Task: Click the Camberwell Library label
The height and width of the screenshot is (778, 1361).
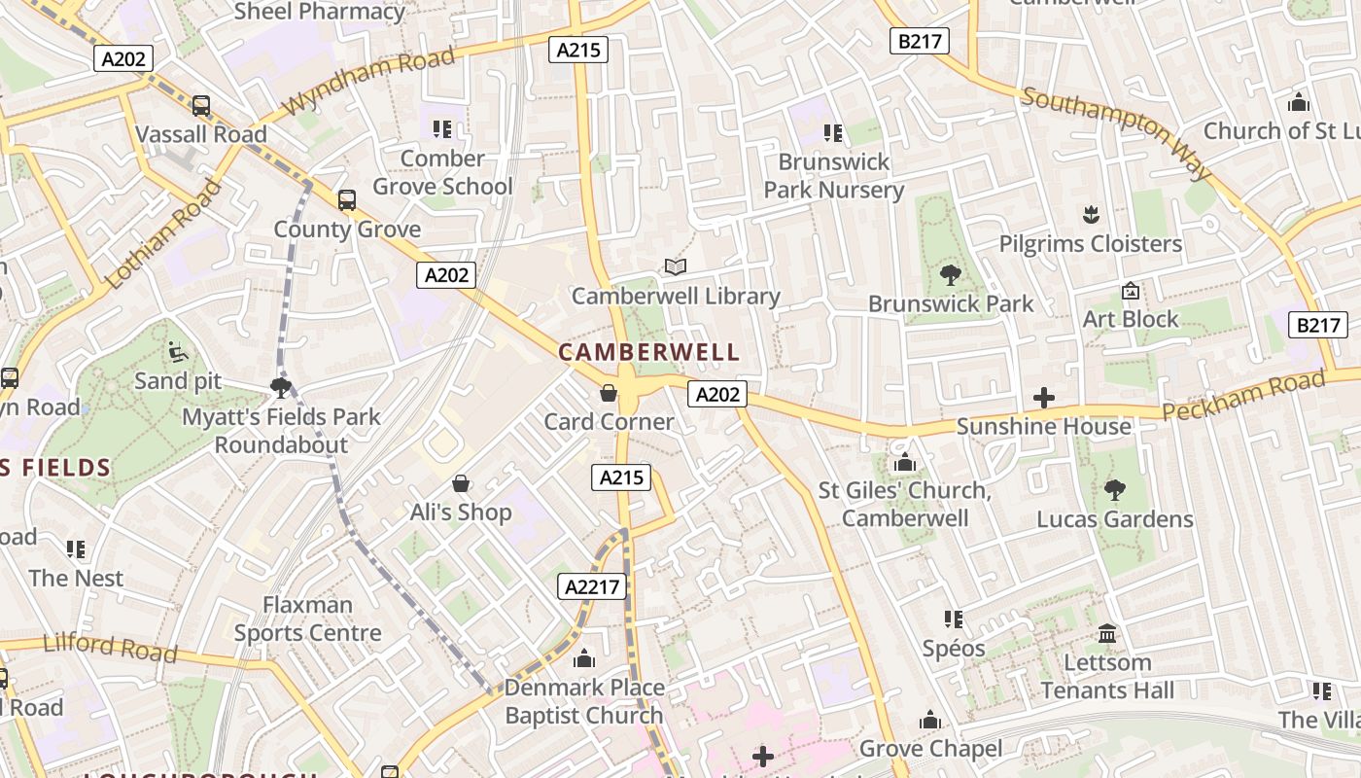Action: [x=676, y=296]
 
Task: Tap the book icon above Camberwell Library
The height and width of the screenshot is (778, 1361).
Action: [x=675, y=266]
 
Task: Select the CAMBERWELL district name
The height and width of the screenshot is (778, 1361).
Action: [x=649, y=352]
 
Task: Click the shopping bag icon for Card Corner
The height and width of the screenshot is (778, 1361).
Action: [x=609, y=393]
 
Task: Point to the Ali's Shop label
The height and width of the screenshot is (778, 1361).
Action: [x=461, y=512]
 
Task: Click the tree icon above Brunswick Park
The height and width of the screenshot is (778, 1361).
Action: [x=951, y=275]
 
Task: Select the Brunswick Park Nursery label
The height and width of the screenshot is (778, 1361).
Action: [x=834, y=176]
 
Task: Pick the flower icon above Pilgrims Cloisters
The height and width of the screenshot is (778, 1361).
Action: [x=1091, y=215]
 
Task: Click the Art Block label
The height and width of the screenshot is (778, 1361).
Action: [x=1131, y=319]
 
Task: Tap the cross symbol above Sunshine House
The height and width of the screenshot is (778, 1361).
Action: [x=1044, y=398]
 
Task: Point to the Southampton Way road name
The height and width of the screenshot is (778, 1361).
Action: [x=1117, y=133]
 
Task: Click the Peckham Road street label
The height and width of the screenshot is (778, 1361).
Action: [x=1245, y=397]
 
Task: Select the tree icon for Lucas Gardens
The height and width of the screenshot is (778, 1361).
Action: [x=1114, y=490]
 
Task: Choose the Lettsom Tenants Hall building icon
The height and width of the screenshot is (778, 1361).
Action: [x=1106, y=634]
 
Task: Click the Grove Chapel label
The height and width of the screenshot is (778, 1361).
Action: [x=930, y=748]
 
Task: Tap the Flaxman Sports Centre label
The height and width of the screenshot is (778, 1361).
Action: [x=307, y=619]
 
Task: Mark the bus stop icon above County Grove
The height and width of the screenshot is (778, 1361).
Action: [x=347, y=200]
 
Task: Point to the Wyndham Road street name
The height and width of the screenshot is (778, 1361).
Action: [x=369, y=81]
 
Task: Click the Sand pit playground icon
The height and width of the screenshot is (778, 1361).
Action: [x=178, y=352]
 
